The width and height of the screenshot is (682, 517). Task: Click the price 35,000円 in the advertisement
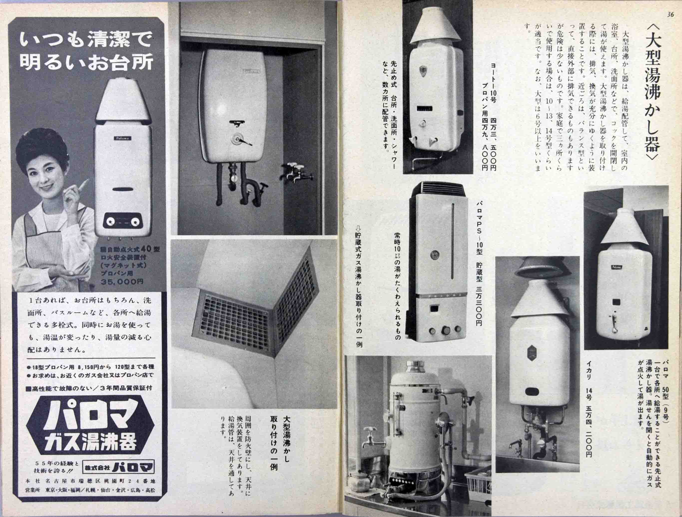point(122,281)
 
